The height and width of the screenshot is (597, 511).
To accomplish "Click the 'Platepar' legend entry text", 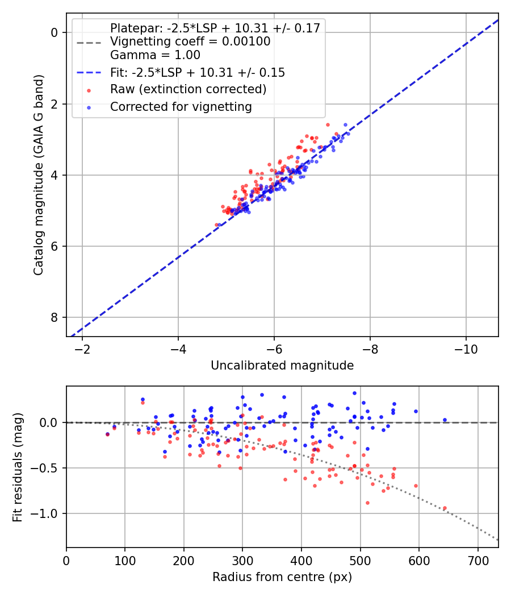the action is (215, 28).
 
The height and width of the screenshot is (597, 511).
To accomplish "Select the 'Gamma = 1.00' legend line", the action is (155, 55).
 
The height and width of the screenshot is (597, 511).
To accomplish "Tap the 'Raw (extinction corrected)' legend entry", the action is (188, 89).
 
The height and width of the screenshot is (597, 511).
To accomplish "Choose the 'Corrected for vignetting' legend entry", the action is (181, 107).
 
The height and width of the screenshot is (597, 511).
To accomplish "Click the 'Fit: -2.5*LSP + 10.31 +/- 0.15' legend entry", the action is (198, 72).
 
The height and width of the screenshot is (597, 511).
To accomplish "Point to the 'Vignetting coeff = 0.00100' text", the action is (190, 41).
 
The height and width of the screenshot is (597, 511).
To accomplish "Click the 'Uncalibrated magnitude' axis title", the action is (282, 366).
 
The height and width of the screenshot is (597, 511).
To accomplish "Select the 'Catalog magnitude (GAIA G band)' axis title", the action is (39, 175).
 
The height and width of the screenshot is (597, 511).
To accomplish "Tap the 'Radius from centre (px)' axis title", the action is (282, 577).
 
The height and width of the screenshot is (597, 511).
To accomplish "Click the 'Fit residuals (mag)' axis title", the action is (18, 467).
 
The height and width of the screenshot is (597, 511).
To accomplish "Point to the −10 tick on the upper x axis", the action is (466, 350).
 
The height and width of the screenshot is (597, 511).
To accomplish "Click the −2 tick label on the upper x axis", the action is (82, 350).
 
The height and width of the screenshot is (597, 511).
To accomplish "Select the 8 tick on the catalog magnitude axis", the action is (55, 317).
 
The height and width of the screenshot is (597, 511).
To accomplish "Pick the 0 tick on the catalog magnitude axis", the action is (55, 33).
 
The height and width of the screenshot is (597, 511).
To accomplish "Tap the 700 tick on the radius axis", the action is (478, 561).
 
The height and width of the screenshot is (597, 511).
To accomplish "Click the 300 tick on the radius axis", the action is (242, 561).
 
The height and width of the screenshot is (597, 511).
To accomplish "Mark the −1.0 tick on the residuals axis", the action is (44, 513).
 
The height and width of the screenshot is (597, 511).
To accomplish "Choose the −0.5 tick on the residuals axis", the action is (44, 468).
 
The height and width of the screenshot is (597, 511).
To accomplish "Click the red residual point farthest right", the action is (445, 508).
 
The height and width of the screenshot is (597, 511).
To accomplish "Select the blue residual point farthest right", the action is (445, 420).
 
